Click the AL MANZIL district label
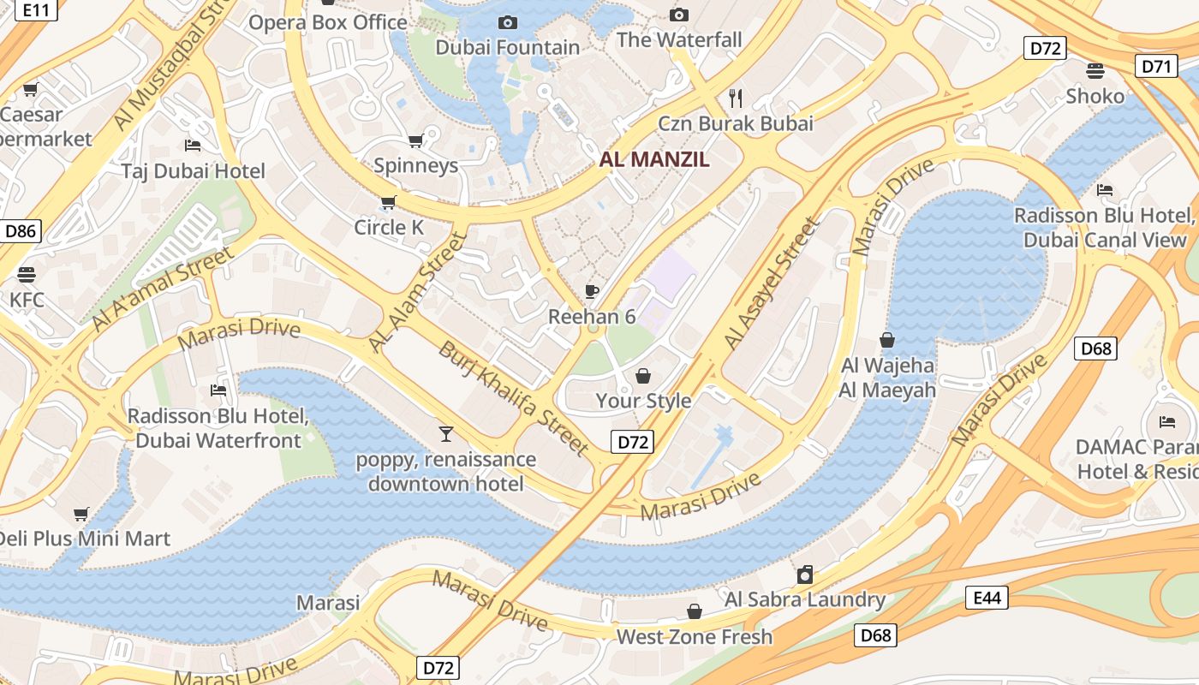654,159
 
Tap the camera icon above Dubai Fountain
508,22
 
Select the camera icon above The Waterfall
679,15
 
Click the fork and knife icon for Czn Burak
735,98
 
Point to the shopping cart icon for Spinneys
416,140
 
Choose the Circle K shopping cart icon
389,203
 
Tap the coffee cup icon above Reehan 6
592,291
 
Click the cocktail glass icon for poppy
445,433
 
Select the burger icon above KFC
27,275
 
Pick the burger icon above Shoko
1095,70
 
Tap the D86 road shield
21,230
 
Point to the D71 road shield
1155,66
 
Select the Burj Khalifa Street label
514,397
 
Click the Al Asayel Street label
772,283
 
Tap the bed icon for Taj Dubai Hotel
193,146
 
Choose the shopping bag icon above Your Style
643,376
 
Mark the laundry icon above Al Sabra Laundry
804,575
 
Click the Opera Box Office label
327,22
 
